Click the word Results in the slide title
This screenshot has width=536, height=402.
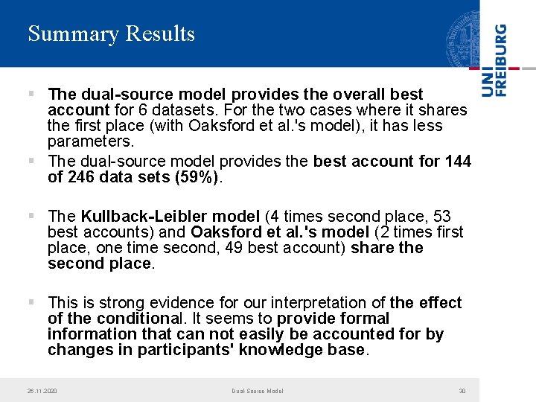[x=161, y=34]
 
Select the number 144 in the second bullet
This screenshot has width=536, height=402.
[x=456, y=162]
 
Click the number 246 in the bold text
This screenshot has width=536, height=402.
[x=82, y=178]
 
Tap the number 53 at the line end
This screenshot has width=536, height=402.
[x=441, y=217]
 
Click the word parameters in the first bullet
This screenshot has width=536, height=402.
[x=90, y=141]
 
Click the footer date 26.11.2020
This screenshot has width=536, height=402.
[x=42, y=391]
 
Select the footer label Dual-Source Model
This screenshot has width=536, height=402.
[x=257, y=391]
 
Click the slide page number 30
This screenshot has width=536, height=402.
[x=462, y=391]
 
